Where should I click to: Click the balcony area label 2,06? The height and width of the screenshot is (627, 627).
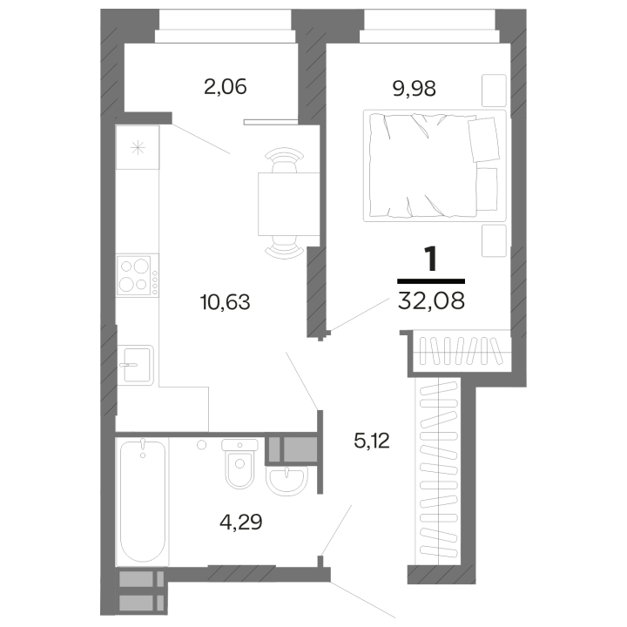pos(226,87)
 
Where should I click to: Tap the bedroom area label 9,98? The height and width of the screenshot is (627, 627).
pos(414,88)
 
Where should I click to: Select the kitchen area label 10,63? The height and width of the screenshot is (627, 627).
pos(226,302)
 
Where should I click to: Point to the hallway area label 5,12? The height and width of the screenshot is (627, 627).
pos(372,441)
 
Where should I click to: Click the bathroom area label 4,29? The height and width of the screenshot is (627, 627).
pos(241,522)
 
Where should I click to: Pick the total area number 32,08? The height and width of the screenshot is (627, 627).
pos(431,300)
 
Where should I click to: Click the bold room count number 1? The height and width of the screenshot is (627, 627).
pos(431,259)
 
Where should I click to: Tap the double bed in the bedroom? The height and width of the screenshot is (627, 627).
pos(435,165)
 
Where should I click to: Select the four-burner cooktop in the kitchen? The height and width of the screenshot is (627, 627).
pos(138,275)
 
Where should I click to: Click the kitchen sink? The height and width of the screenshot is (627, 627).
pos(136,365)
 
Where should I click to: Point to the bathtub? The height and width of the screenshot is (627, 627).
pos(143,502)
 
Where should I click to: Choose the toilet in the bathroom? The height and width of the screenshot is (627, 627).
pos(239,463)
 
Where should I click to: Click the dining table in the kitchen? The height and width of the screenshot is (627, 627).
pos(289,204)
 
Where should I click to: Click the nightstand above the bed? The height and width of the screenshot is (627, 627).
pos(494,91)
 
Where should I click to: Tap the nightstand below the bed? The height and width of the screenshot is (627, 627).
pos(494,240)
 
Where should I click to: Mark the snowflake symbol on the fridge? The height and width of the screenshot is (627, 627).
pos(138,148)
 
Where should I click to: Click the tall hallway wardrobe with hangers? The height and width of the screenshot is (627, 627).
pos(438,471)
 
